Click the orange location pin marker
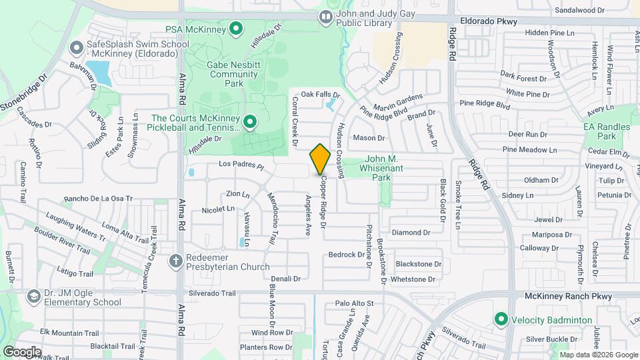320,159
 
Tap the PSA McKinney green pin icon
235,29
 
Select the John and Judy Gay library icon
325,17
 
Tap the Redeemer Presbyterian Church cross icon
176,261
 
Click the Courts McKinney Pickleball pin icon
250,121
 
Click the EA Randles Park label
607,131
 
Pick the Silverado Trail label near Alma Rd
213,293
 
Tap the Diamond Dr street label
411,232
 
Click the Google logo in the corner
22,351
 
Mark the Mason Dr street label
369,138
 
